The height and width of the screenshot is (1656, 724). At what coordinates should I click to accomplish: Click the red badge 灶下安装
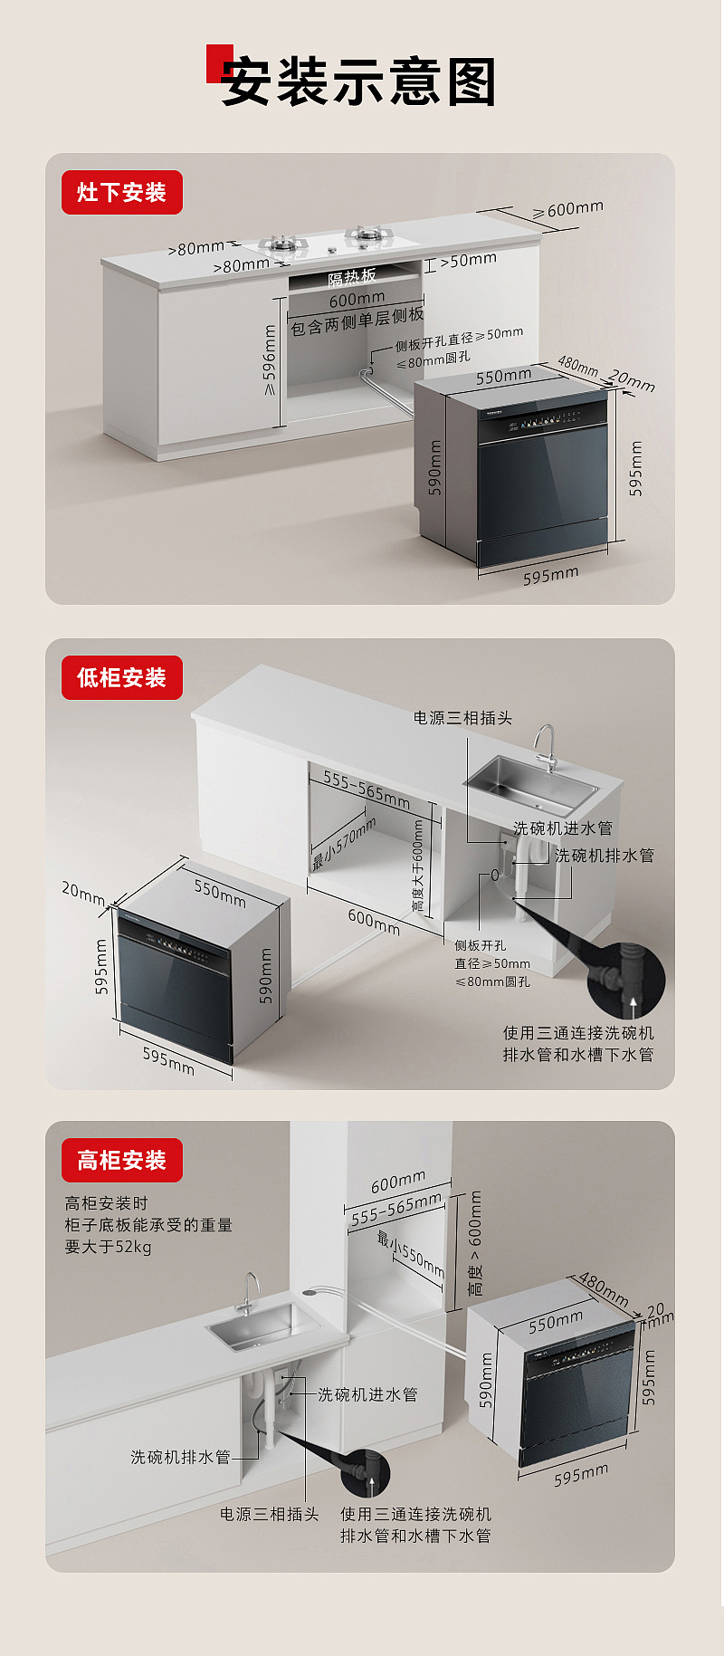(121, 193)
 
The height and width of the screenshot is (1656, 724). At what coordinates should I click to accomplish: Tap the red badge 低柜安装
(121, 678)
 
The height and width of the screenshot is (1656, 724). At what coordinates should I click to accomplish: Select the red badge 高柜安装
(121, 1161)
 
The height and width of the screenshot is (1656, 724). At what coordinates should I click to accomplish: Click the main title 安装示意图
(358, 82)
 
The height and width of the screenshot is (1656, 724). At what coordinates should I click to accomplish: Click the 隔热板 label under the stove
(352, 277)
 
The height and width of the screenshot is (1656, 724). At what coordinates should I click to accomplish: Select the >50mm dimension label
(468, 261)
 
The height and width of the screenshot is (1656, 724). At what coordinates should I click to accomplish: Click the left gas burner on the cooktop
(280, 243)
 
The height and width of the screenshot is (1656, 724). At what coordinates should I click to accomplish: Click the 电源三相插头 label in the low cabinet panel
(462, 718)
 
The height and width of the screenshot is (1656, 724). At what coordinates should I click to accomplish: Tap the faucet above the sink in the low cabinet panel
(545, 747)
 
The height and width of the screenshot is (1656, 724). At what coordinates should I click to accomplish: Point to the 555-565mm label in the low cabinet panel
(367, 790)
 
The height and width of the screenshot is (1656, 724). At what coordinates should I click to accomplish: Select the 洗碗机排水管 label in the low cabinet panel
(604, 856)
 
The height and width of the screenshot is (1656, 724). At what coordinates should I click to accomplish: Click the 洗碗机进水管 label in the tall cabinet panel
(367, 1395)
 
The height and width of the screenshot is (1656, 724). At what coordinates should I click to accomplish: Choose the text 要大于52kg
(108, 1247)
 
